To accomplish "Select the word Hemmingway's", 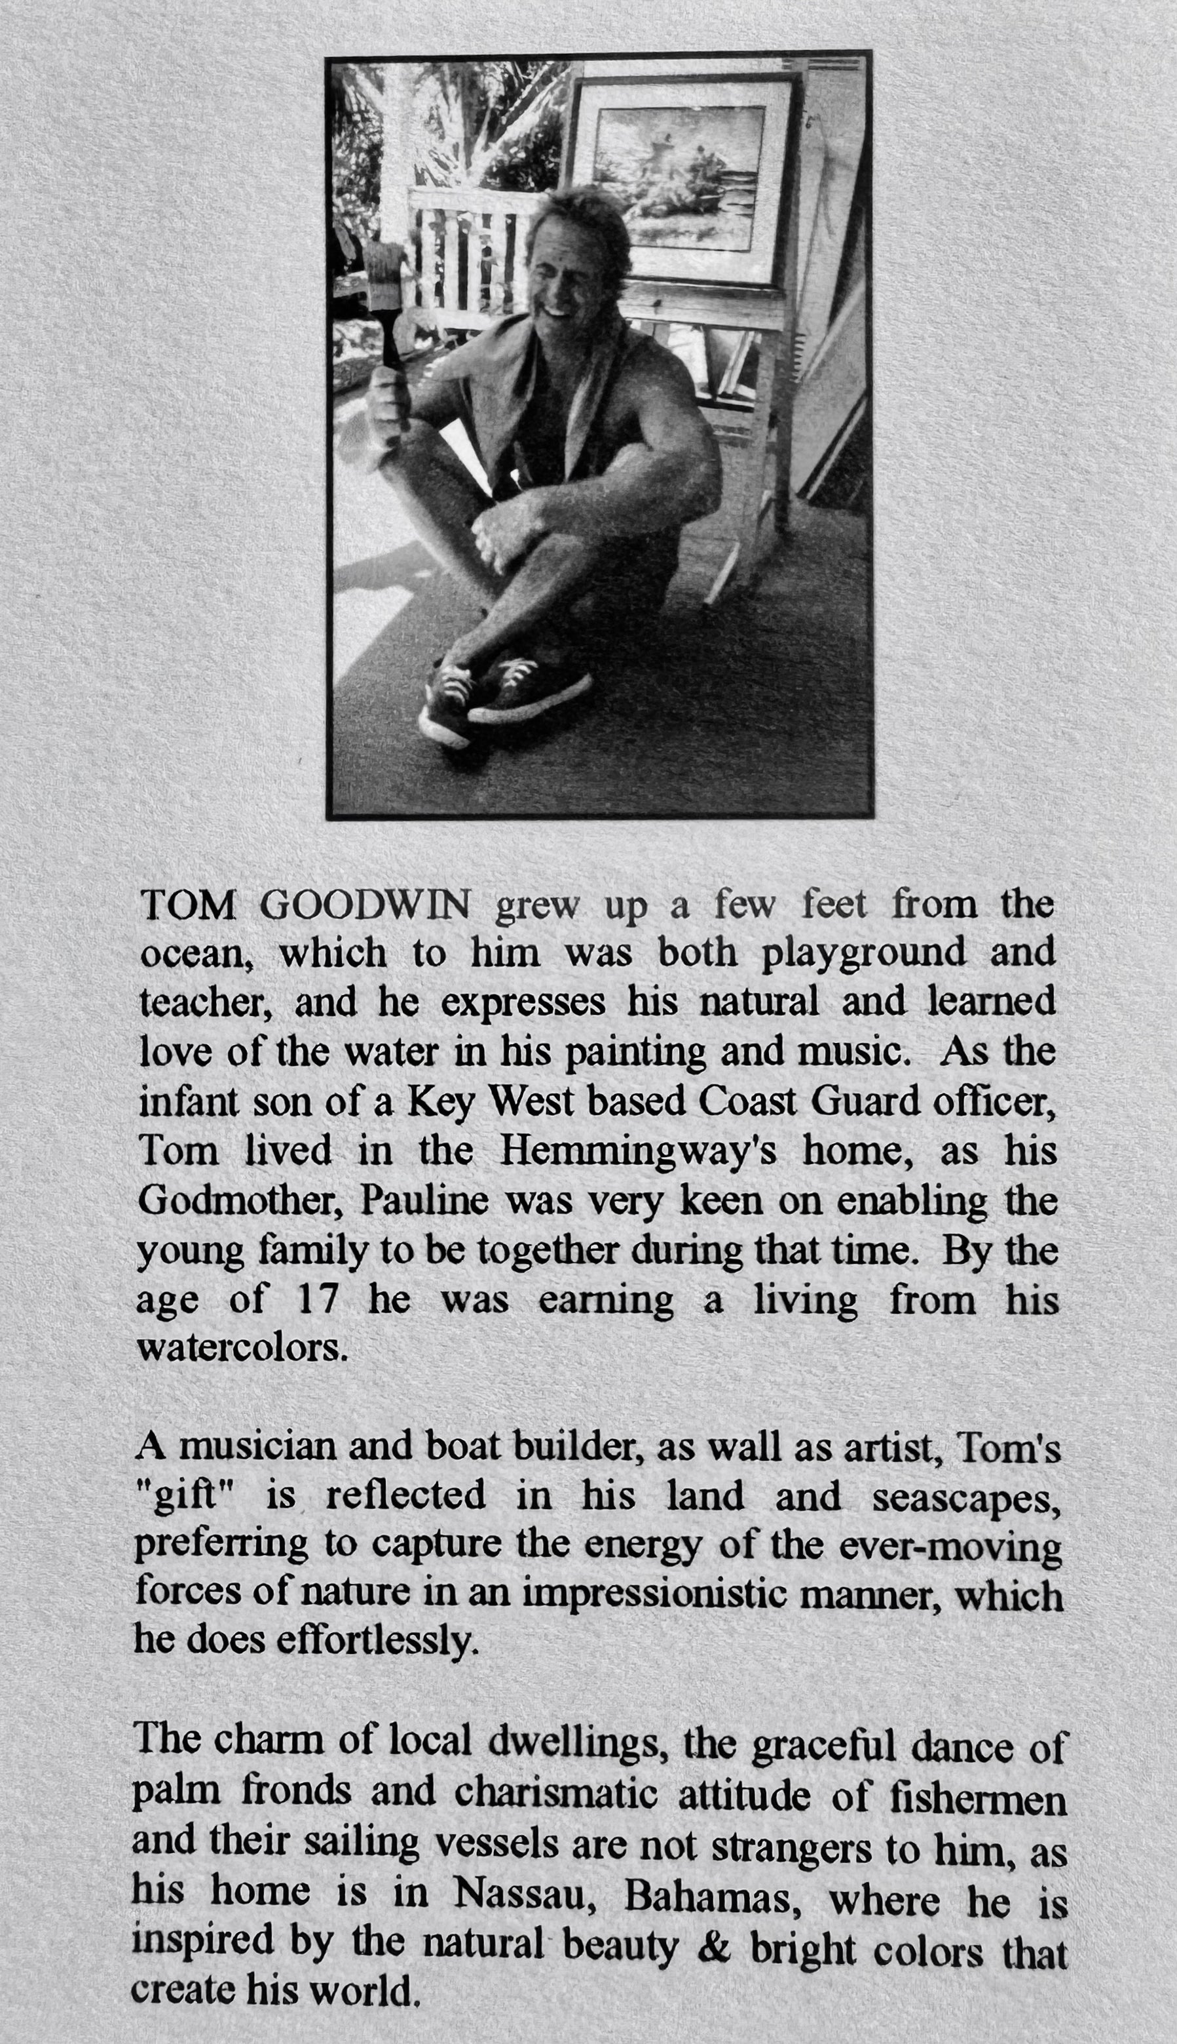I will pos(638,1151).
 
